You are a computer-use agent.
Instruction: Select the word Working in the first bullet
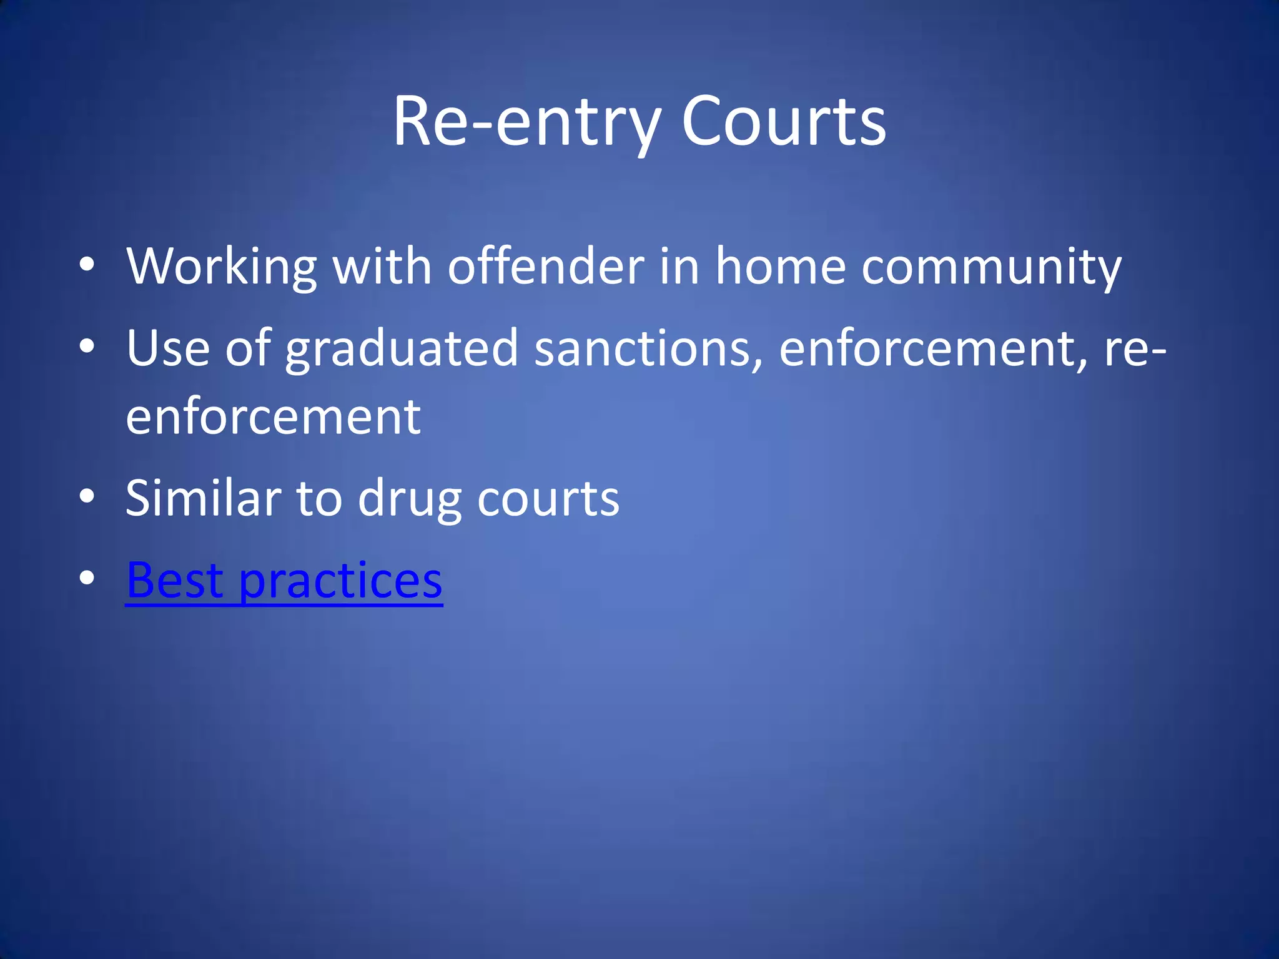pos(222,267)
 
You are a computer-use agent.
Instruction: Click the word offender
pos(546,267)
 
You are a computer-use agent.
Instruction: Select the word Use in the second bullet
pos(167,348)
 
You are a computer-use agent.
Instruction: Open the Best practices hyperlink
pos(284,581)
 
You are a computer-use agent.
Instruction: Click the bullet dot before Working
pos(87,265)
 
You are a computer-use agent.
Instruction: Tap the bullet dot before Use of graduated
pos(87,346)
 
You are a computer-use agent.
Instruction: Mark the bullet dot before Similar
pos(87,496)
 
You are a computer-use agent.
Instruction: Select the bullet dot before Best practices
pos(87,578)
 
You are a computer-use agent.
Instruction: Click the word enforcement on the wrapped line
pos(273,417)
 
